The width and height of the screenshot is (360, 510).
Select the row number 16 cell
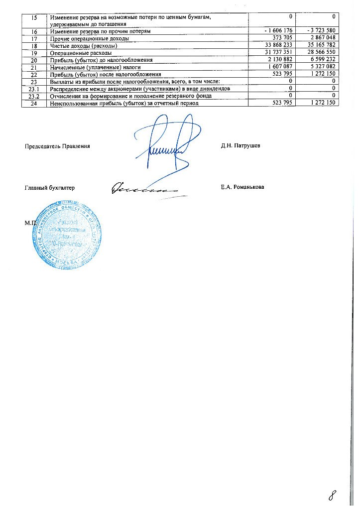point(34,31)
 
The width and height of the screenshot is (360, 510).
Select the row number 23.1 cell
point(34,89)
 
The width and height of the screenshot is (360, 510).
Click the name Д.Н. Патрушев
point(240,146)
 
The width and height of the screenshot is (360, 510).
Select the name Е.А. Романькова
point(242,187)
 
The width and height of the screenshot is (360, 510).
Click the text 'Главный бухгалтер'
point(50,188)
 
